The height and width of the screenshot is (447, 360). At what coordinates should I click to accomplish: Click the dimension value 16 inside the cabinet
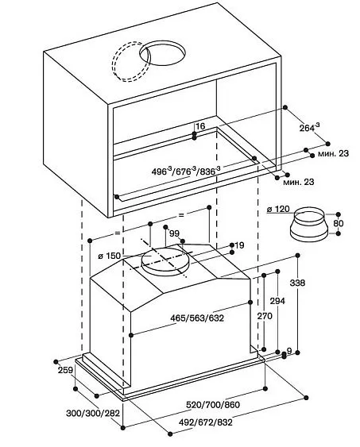pyautogui.click(x=199, y=127)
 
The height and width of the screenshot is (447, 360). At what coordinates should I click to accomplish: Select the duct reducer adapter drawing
pyautogui.click(x=311, y=226)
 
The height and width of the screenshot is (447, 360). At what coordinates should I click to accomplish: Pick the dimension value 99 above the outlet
pyautogui.click(x=175, y=233)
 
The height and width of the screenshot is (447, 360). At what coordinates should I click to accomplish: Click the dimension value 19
pyautogui.click(x=239, y=245)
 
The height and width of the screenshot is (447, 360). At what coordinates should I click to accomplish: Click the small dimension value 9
pyautogui.click(x=288, y=350)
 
